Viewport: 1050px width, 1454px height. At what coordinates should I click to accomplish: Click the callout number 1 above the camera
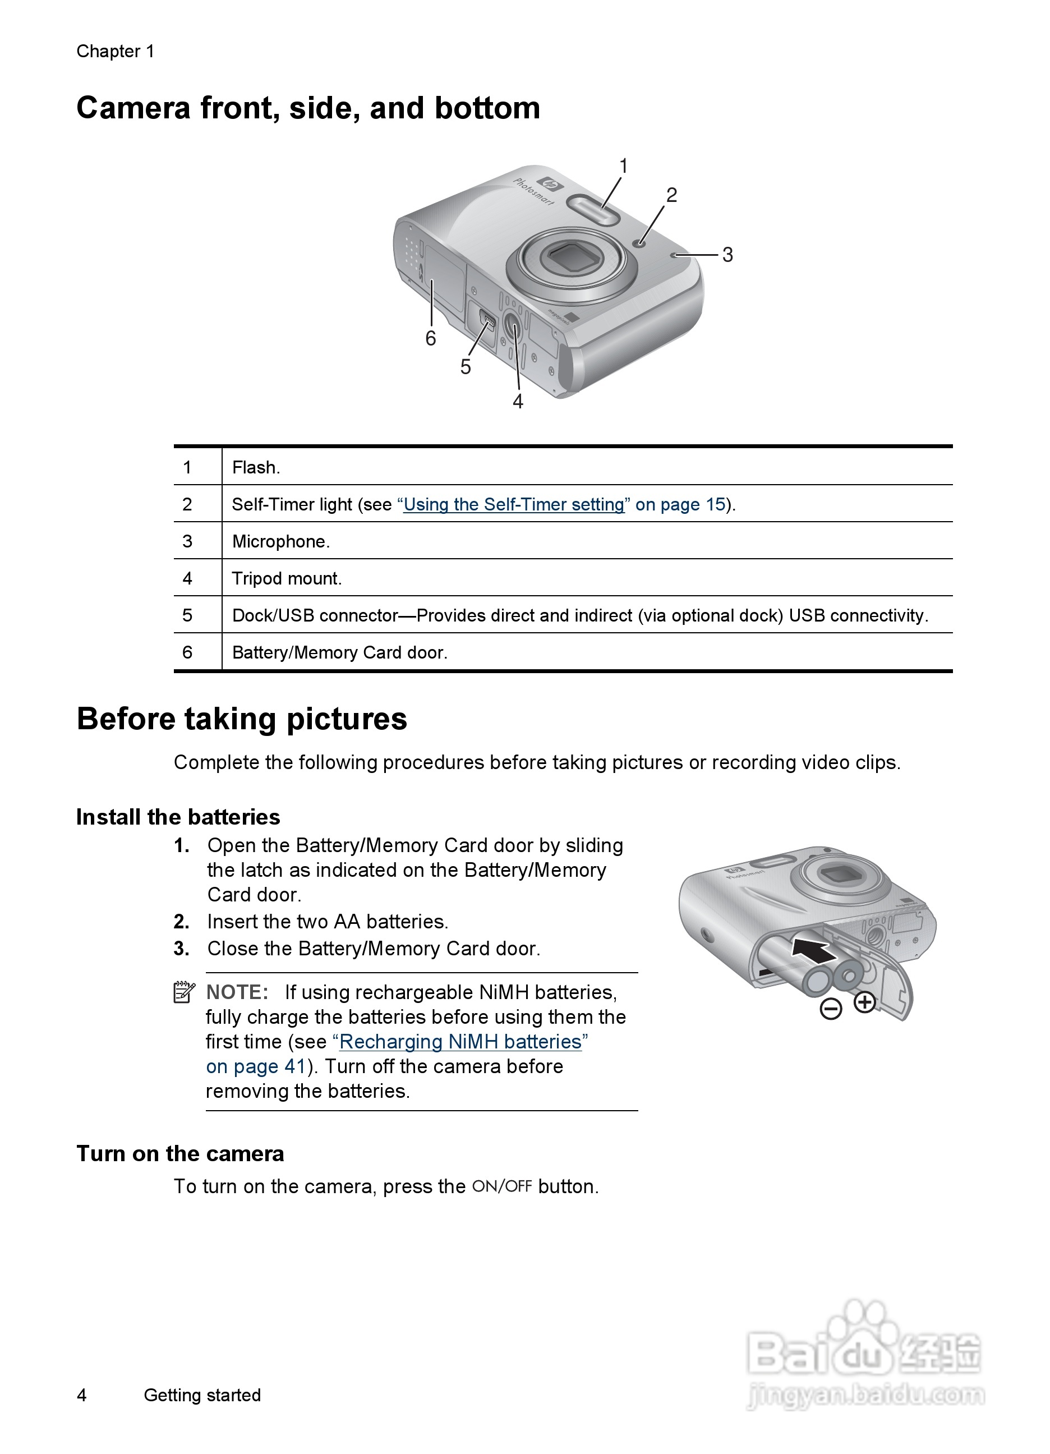(x=623, y=166)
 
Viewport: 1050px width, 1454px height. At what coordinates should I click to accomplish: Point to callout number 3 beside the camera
(x=727, y=255)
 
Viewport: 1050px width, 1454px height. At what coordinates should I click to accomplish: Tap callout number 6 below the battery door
(x=431, y=338)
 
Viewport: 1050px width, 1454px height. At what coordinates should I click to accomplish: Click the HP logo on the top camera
(x=550, y=185)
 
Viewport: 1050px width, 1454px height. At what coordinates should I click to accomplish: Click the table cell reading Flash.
(x=256, y=467)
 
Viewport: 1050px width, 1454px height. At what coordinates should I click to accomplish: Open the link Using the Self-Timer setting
(x=513, y=504)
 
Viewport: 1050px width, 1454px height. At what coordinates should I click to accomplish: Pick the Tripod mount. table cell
(x=287, y=579)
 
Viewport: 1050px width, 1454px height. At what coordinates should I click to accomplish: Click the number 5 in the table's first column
(x=187, y=615)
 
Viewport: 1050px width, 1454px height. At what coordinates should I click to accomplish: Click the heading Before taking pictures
(x=242, y=719)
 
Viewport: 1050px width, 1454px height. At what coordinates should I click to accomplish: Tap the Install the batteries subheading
(x=178, y=817)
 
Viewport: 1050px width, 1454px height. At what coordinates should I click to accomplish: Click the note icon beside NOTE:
(x=184, y=992)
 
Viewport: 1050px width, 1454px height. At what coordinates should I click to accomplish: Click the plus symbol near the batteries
(x=865, y=1002)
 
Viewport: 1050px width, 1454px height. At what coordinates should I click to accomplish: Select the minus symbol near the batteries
(x=831, y=1009)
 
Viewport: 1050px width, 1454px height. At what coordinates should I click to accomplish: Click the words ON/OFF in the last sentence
(x=502, y=1186)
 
